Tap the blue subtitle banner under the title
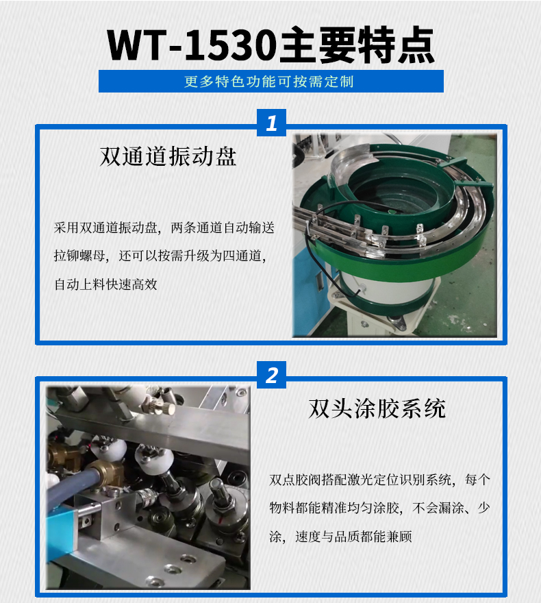(270, 82)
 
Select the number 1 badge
(271, 123)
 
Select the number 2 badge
(271, 376)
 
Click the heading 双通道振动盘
(168, 157)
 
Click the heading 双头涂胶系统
(377, 408)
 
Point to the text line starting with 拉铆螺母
(164, 256)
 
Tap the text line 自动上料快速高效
(106, 284)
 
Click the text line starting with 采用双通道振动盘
(164, 228)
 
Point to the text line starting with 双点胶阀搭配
(380, 480)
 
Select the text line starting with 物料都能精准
(380, 508)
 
